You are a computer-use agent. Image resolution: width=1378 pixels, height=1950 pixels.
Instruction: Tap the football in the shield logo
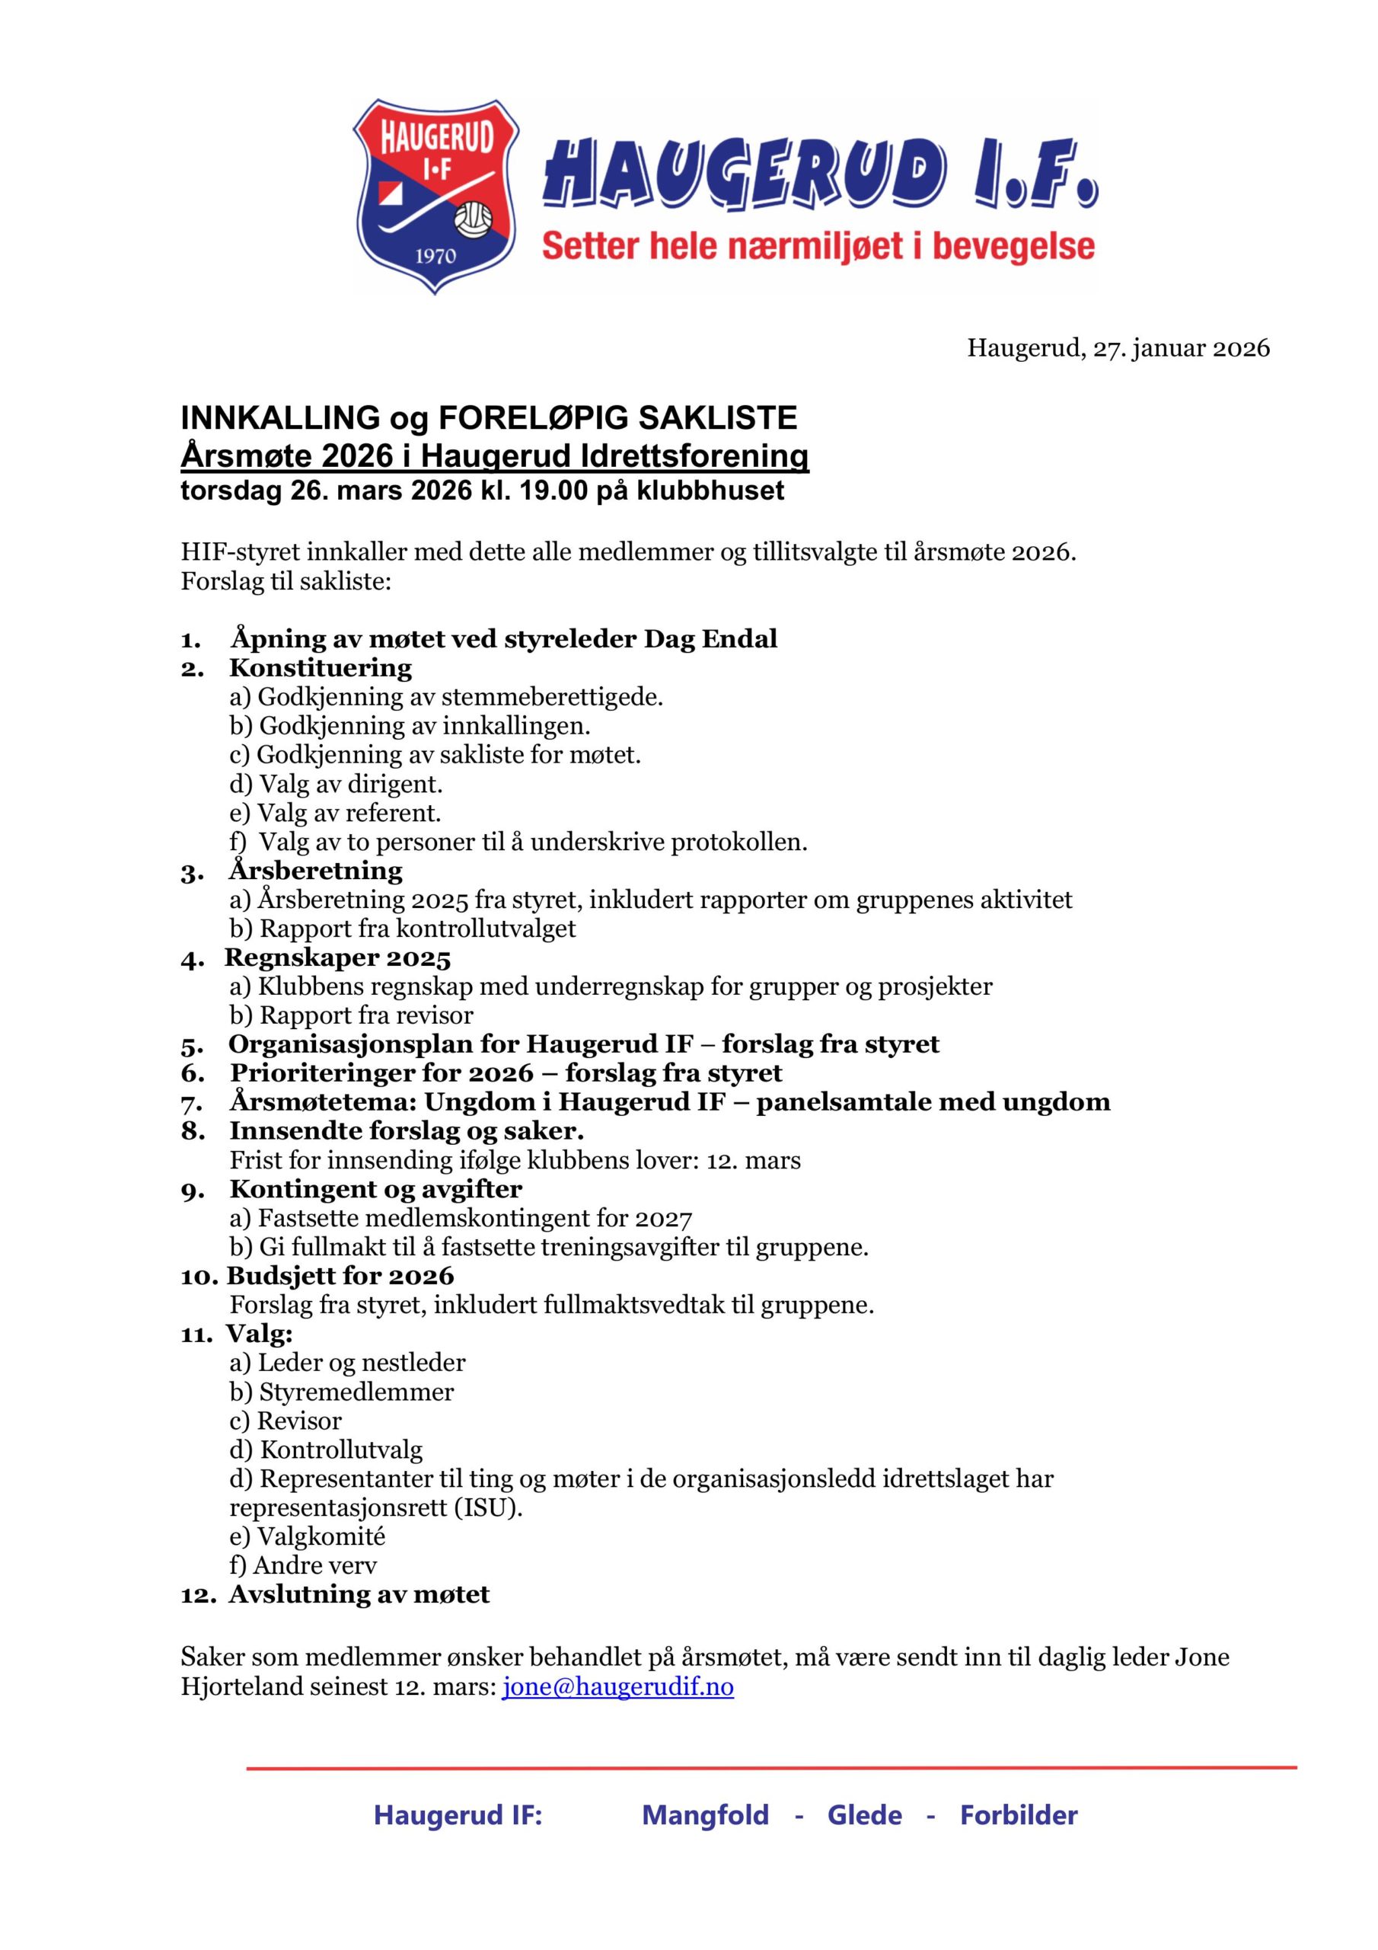click(472, 220)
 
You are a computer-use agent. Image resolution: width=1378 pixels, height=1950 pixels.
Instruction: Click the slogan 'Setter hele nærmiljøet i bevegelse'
click(818, 246)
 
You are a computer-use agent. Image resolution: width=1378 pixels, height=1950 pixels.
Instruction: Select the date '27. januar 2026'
click(1181, 348)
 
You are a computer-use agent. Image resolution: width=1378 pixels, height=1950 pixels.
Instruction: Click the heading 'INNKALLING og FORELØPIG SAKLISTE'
click(488, 418)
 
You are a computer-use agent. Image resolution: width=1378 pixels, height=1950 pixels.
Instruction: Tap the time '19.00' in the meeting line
click(550, 490)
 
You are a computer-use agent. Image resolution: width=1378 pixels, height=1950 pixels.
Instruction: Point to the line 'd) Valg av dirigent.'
click(337, 783)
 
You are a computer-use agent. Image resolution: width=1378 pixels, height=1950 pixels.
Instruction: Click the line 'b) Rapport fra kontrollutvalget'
click(403, 929)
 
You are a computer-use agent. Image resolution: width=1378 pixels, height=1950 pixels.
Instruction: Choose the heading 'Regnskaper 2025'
click(338, 958)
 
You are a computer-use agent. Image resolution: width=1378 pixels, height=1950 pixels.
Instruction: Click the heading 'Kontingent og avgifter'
click(375, 1189)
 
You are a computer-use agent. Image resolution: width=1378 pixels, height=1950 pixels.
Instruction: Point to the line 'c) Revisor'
click(285, 1421)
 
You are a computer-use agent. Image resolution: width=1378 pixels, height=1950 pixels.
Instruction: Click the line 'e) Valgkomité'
click(308, 1536)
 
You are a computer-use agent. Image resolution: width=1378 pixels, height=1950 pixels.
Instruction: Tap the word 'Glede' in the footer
click(864, 1815)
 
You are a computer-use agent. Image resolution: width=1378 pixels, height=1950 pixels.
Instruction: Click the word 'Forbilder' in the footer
click(1018, 1815)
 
